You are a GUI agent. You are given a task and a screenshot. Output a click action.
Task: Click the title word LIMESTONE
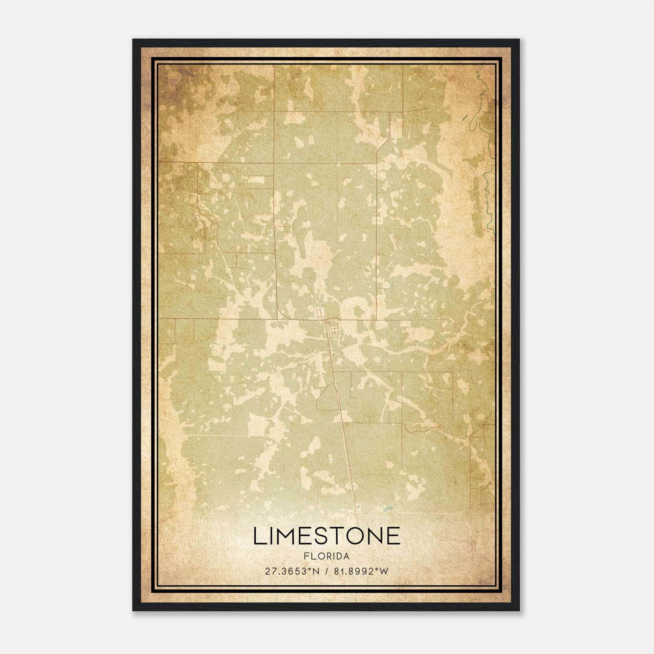coord(327,536)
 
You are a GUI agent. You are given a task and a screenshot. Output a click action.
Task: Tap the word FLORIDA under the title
coord(327,556)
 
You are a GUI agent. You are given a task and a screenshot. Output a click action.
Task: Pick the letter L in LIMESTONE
coord(259,536)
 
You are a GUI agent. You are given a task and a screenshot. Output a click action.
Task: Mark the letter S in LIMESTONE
coord(327,536)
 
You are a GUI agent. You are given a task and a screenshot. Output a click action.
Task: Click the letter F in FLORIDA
coord(306,556)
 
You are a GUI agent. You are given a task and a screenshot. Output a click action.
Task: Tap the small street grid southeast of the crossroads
coord(335,329)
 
